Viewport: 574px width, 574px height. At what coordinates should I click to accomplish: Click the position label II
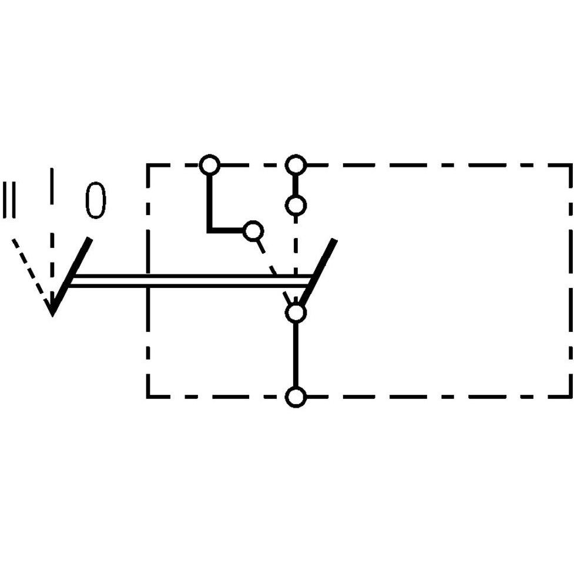click(x=9, y=200)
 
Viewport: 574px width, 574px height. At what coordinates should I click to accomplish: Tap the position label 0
click(x=96, y=200)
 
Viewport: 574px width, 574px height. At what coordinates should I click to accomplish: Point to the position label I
click(x=52, y=186)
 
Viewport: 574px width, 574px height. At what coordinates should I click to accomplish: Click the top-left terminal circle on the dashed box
click(x=209, y=165)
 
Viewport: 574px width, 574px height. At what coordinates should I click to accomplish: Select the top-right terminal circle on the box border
click(x=296, y=165)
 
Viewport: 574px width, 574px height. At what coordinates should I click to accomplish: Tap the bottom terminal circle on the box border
click(x=296, y=397)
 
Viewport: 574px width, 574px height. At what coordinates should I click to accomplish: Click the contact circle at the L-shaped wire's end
click(x=253, y=231)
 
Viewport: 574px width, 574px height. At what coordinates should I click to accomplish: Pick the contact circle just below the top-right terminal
click(x=296, y=206)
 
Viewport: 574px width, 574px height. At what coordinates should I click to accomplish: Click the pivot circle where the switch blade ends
click(x=296, y=313)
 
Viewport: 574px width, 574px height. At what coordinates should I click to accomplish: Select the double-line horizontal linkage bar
click(x=190, y=280)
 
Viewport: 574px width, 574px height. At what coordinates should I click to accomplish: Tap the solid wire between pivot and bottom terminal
click(x=296, y=355)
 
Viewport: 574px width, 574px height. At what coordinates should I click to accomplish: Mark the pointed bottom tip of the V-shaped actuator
click(x=52, y=315)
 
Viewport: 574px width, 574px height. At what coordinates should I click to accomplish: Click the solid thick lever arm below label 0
click(x=72, y=277)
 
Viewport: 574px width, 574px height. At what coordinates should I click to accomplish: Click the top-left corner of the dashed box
click(x=148, y=165)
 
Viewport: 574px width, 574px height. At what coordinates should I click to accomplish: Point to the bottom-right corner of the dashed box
click(x=570, y=397)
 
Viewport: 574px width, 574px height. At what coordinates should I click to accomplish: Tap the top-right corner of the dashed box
click(x=570, y=165)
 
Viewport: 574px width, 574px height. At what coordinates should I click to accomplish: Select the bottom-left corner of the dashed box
click(x=148, y=397)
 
